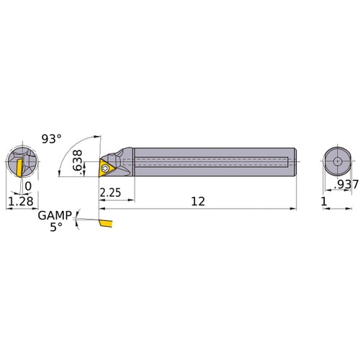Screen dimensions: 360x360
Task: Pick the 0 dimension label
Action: [x=28, y=186]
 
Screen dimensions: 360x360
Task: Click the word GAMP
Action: [x=55, y=215]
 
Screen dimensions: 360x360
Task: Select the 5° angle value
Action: [x=55, y=226]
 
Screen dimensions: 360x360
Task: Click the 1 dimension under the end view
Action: [x=325, y=203]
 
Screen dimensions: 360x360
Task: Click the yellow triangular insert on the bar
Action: [x=107, y=168]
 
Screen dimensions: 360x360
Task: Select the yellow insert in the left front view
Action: [x=14, y=167]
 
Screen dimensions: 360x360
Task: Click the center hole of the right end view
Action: [x=337, y=161]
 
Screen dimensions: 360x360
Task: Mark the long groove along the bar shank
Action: [x=209, y=161]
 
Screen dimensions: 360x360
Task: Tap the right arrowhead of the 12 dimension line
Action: [x=293, y=210]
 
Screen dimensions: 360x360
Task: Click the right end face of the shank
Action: [x=295, y=161]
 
